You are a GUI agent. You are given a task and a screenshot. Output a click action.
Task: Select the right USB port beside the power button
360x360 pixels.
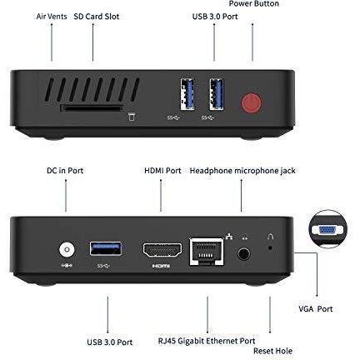(217, 91)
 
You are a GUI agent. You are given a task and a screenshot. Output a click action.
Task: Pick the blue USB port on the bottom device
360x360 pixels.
(106, 247)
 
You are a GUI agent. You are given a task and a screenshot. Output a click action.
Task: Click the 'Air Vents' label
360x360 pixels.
(51, 16)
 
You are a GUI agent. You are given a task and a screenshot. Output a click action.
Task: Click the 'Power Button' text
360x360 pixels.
(254, 4)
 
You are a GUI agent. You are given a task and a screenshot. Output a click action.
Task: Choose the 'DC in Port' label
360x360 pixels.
(64, 171)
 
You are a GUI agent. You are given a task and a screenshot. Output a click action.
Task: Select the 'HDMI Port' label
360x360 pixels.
(162, 171)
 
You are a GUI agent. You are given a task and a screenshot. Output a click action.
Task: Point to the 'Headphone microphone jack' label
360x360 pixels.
(242, 171)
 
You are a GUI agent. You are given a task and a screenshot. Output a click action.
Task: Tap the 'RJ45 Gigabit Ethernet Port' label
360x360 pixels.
(206, 341)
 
